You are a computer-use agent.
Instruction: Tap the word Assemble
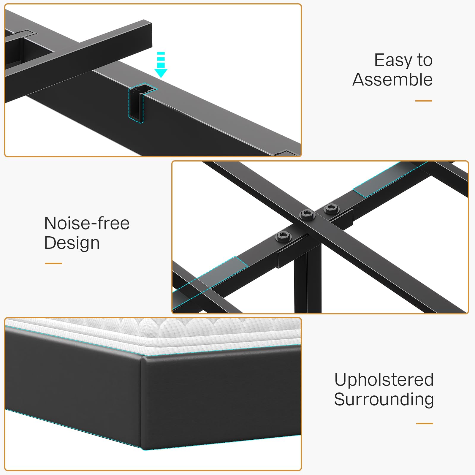[x=392, y=80]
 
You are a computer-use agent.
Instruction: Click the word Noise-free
[x=87, y=223]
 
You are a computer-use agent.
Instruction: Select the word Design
[x=72, y=243]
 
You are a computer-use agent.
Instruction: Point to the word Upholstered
[x=384, y=380]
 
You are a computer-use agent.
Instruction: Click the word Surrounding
[x=384, y=399]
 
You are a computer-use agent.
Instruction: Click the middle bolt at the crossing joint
[x=307, y=214]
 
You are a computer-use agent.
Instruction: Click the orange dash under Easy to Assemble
[x=424, y=101]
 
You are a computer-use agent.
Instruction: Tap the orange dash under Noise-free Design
[x=53, y=263]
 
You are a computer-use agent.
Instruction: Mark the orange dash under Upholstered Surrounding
[x=425, y=423]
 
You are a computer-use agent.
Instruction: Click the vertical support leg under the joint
[x=307, y=282]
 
